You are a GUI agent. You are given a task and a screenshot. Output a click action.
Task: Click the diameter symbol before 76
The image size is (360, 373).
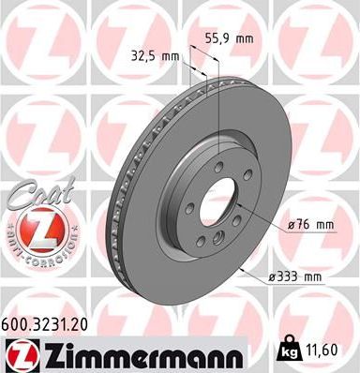[x=292, y=225]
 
